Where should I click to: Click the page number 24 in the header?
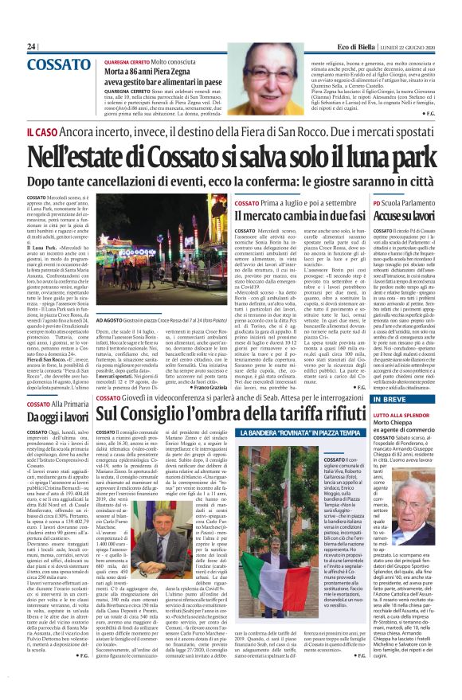pyautogui.click(x=32, y=47)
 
